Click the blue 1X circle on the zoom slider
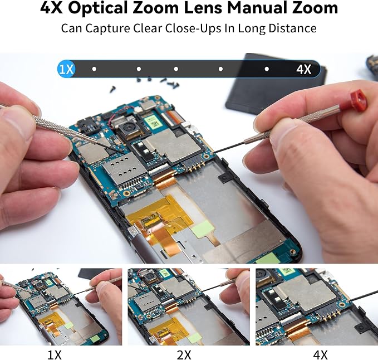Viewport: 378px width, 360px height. point(66,69)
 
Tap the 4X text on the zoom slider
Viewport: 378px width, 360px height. point(303,70)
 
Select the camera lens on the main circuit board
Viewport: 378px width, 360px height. point(130,127)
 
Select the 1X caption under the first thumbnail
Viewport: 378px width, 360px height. point(55,355)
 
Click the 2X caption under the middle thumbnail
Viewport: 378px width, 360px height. point(184,355)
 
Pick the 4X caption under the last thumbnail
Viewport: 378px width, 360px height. point(320,355)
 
